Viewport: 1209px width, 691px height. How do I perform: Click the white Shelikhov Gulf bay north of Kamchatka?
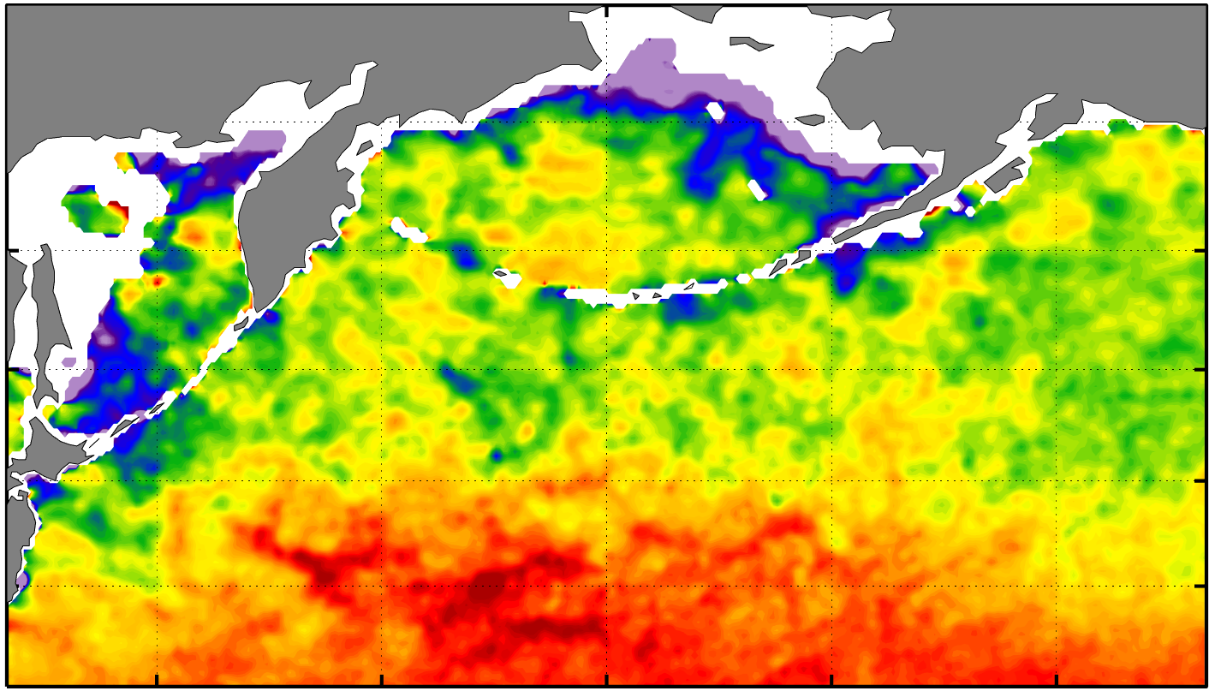[x=334, y=94]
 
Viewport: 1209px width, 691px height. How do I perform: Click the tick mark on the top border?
[x=606, y=9]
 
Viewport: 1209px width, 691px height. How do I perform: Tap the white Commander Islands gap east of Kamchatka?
[x=409, y=230]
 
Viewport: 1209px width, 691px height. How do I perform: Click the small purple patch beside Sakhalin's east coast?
[x=68, y=363]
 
